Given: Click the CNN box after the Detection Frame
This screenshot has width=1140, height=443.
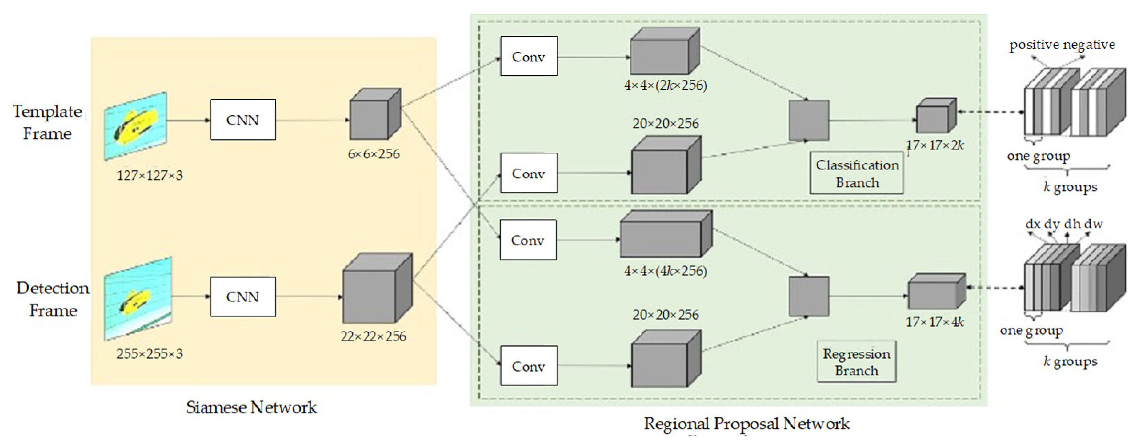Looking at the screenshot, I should (x=243, y=297).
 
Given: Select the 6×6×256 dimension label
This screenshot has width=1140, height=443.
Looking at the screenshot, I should (x=374, y=154).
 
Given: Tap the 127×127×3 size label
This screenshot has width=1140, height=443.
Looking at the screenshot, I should (x=149, y=175).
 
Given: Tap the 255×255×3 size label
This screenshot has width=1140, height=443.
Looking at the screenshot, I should (x=149, y=354).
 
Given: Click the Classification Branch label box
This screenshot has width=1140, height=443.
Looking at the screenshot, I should (x=857, y=173).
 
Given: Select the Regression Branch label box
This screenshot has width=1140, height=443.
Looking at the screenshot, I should (x=856, y=362).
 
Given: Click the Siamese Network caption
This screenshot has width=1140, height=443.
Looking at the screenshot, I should (x=251, y=407).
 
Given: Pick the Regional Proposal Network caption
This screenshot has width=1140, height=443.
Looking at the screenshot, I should (x=746, y=424).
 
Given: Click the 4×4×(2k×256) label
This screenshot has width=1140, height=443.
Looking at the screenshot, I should (x=665, y=85).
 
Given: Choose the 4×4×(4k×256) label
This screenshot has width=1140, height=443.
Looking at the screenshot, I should (x=665, y=270).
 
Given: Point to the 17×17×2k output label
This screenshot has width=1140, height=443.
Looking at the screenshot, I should (x=935, y=145).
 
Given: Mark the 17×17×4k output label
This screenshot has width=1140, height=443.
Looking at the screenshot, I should (x=935, y=322).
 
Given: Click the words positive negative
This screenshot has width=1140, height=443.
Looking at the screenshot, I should (x=1062, y=45).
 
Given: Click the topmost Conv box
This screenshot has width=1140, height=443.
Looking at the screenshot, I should (x=528, y=56).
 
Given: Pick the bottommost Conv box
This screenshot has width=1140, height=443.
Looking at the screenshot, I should (x=528, y=366).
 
